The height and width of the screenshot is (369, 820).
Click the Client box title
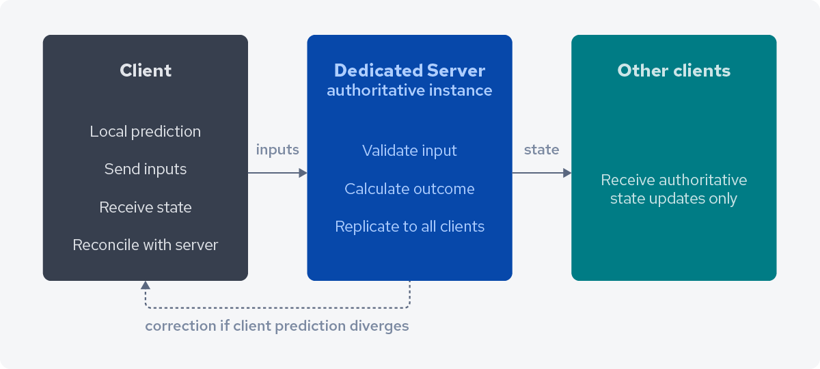coord(146,70)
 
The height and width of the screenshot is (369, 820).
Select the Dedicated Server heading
coord(409,70)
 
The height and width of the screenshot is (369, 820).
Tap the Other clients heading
coord(674,70)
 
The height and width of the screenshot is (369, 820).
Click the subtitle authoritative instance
coord(409,90)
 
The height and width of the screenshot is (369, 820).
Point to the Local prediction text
coord(146,131)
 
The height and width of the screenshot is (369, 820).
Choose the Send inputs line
coord(146,169)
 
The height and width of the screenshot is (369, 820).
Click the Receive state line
coord(146,207)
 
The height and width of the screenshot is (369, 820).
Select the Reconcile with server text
coord(146,245)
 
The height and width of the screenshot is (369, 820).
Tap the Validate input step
coord(409,150)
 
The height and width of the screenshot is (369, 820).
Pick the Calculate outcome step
coord(409,189)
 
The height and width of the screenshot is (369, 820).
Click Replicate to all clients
coord(409,226)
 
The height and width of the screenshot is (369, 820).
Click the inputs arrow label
coord(277,150)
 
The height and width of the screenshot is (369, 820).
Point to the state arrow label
coord(541,150)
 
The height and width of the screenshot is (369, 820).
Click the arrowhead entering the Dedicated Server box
coord(303,174)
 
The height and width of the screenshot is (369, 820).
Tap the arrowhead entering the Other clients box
coord(566,174)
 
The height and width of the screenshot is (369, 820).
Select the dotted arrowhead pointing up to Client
coord(145,286)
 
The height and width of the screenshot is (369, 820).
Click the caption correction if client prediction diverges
coord(277,326)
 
